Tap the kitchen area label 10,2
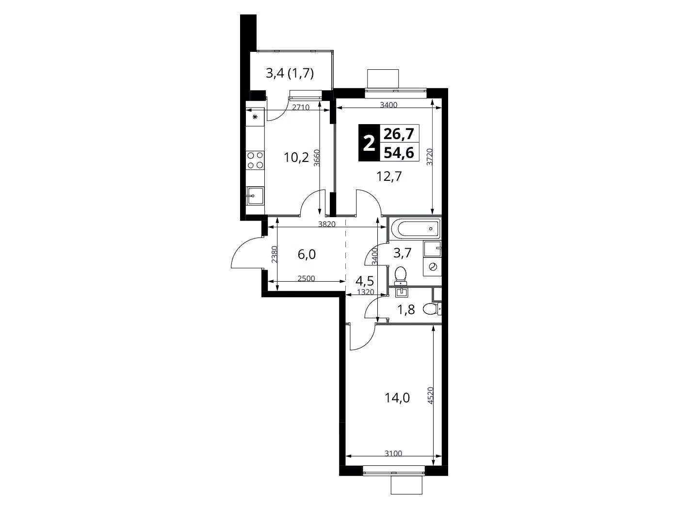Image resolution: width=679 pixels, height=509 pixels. tap(296, 158)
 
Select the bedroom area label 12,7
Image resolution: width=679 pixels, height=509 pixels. tap(389, 176)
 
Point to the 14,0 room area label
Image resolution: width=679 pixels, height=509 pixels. tap(397, 398)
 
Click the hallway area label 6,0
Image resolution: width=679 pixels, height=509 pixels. tap(307, 254)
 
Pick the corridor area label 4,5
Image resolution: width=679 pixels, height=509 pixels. tap(365, 281)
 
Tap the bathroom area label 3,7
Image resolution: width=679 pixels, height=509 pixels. tap(403, 253)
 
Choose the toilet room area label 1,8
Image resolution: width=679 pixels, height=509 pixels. tap(406, 309)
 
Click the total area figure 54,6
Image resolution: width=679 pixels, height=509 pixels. tap(399, 152)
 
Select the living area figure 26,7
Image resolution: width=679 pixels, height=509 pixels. tap(399, 134)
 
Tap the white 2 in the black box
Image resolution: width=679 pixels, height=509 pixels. tap(369, 143)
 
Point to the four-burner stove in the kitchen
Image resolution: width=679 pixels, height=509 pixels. tap(255, 160)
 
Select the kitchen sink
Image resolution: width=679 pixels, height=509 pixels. tap(255, 196)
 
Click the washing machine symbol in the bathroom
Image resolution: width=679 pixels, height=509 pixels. tap(433, 267)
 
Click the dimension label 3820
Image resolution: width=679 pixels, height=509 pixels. tap(327, 224)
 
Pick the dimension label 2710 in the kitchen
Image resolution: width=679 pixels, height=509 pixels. tap(301, 107)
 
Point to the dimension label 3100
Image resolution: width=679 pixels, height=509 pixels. tap(393, 453)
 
